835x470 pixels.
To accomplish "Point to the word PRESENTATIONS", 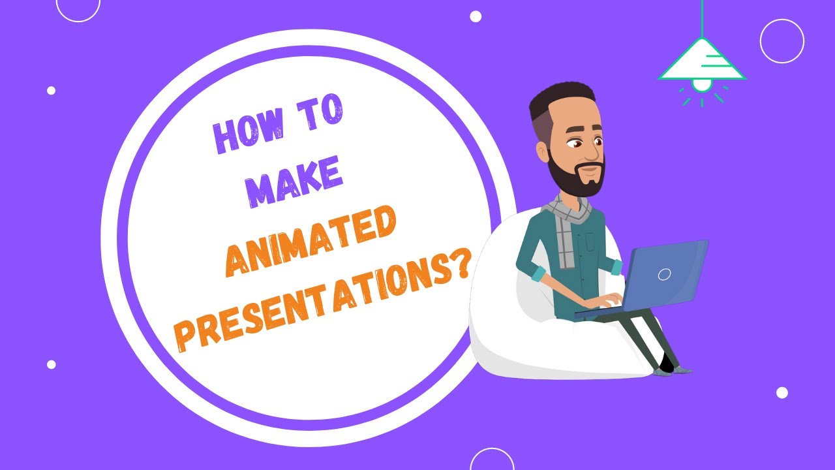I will (313, 307).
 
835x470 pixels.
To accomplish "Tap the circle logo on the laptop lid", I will (664, 274).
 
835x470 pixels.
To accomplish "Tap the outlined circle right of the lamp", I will (782, 41).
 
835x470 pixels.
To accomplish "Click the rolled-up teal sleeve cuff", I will (536, 274).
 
